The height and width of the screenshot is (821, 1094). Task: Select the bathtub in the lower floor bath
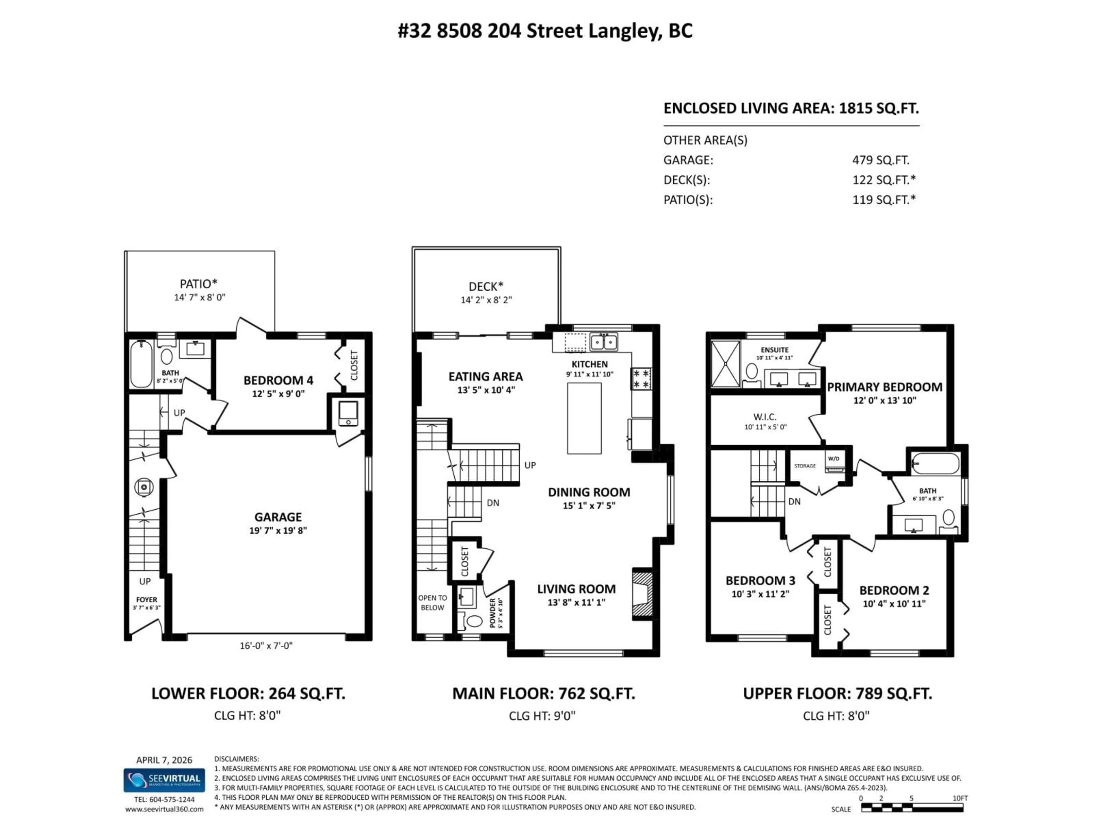click(x=141, y=364)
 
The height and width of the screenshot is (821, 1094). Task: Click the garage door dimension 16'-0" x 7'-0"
click(x=266, y=645)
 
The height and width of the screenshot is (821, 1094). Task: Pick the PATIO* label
click(x=198, y=284)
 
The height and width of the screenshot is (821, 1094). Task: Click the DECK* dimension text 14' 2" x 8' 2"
click(x=486, y=300)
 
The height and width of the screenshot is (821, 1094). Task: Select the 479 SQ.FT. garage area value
click(x=880, y=160)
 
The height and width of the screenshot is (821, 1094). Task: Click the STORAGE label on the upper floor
click(x=805, y=466)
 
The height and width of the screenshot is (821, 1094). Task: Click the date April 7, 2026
click(x=164, y=760)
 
